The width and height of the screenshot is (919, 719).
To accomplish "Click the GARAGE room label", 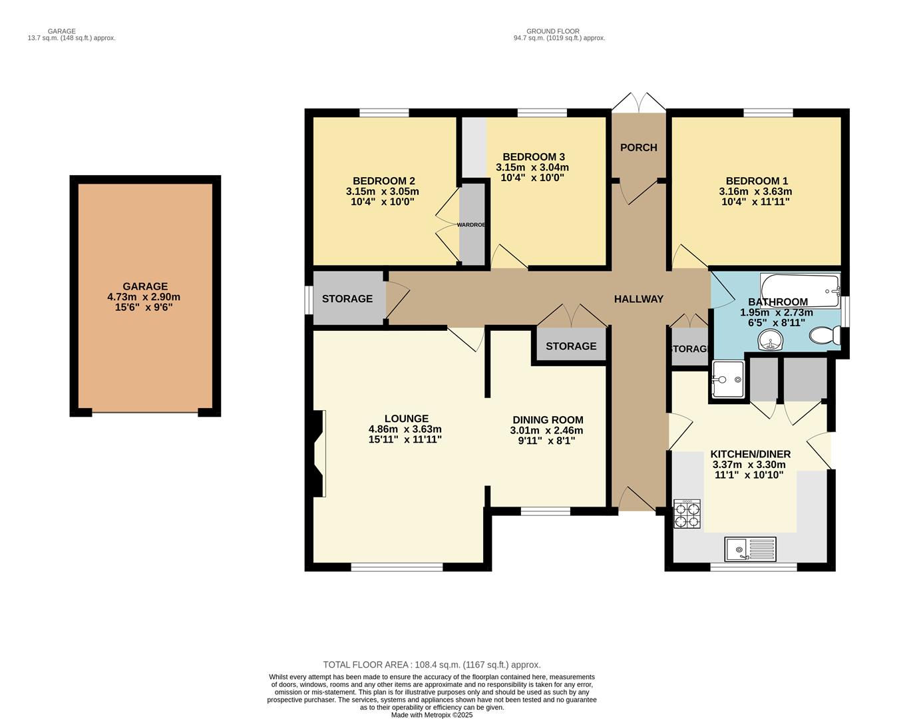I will [x=144, y=287].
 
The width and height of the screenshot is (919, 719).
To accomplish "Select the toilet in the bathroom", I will [x=825, y=335].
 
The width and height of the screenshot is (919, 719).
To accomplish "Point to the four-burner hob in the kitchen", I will [x=687, y=514].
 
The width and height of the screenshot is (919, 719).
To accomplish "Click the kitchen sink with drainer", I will [x=751, y=549].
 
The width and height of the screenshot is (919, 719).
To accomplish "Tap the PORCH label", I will [x=638, y=148].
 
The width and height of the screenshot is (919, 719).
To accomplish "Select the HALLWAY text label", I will [x=638, y=300].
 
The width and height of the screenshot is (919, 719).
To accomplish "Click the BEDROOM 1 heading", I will [x=757, y=181].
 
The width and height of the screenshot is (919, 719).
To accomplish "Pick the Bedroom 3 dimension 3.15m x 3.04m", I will [x=532, y=168].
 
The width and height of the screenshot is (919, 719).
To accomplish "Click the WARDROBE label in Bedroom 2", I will [x=471, y=225].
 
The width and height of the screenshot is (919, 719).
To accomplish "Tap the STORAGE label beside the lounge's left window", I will [x=347, y=299].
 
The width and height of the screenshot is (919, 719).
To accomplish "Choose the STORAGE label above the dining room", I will [x=571, y=346].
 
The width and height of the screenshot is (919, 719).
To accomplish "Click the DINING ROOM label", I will [x=548, y=420].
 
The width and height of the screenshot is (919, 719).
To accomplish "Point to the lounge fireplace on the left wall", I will [x=319, y=453].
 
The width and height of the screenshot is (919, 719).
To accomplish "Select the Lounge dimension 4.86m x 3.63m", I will [x=405, y=429].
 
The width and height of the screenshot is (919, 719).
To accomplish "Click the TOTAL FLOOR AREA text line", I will [x=431, y=664].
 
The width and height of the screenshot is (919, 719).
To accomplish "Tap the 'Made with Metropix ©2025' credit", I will [x=431, y=715].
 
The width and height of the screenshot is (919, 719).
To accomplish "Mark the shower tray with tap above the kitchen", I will [x=727, y=379].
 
